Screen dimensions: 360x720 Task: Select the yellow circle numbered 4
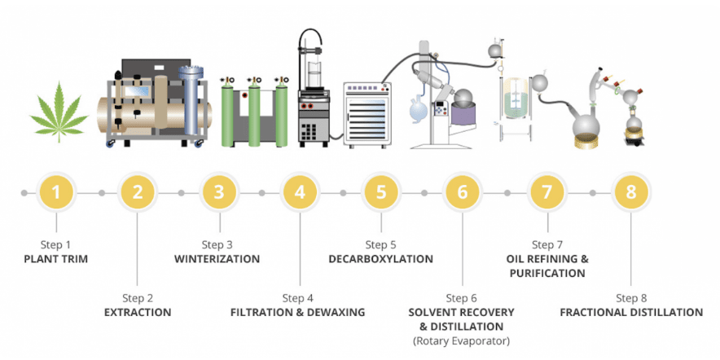click(x=301, y=193)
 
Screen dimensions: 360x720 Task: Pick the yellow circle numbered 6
click(x=463, y=193)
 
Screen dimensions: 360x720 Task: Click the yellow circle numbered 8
click(x=630, y=193)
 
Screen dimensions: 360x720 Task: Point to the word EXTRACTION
click(x=138, y=312)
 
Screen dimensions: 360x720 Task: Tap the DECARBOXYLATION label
click(x=380, y=259)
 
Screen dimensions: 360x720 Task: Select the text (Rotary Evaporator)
click(x=462, y=340)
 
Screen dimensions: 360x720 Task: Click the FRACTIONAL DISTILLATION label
click(x=631, y=312)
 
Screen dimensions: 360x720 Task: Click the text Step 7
click(x=547, y=244)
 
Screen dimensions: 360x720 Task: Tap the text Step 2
click(x=138, y=297)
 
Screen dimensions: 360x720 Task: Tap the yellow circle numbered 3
click(x=218, y=193)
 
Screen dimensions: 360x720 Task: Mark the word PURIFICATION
click(x=547, y=274)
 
